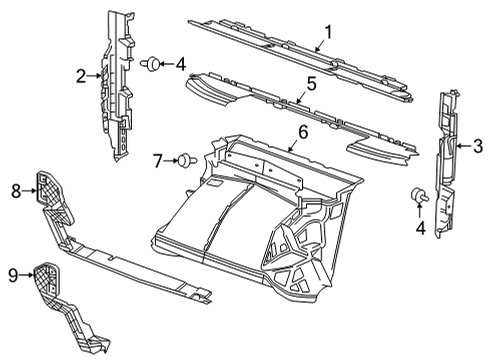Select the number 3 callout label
tap(478, 147)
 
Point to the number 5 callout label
tap(312, 85)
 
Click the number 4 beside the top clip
tap(180, 66)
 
